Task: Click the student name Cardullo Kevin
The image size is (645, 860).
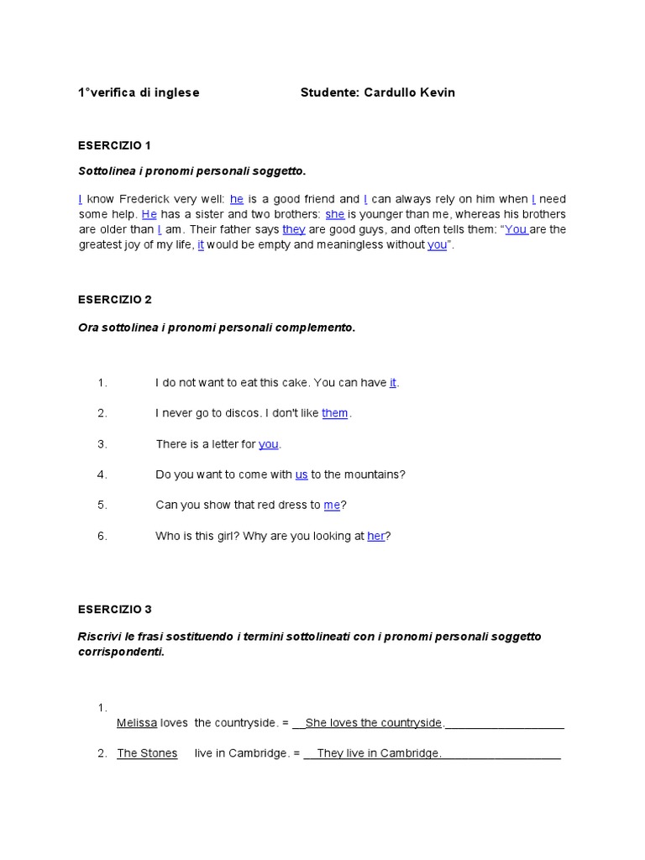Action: coord(409,92)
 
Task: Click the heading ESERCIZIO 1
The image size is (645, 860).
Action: coord(114,145)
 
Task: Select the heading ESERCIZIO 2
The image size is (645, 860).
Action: coord(114,299)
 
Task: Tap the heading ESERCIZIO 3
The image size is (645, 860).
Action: coord(114,609)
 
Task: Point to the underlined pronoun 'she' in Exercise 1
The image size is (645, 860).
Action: coord(334,214)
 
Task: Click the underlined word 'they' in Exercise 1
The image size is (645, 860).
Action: coord(293,229)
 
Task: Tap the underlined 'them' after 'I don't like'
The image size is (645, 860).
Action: coord(334,413)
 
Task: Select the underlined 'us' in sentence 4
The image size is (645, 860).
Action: coord(302,475)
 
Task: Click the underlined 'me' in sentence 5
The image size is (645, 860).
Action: coord(332,505)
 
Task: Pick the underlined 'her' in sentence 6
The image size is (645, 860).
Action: coord(375,536)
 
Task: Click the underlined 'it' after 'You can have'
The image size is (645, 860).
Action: coord(393,383)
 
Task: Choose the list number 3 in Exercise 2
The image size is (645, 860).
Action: coord(102,443)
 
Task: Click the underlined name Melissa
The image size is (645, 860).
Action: coord(137,723)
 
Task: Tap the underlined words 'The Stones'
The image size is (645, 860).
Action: coord(147,753)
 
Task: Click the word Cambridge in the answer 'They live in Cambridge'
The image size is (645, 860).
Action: coord(411,753)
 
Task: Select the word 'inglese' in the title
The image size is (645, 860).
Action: coord(176,92)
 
